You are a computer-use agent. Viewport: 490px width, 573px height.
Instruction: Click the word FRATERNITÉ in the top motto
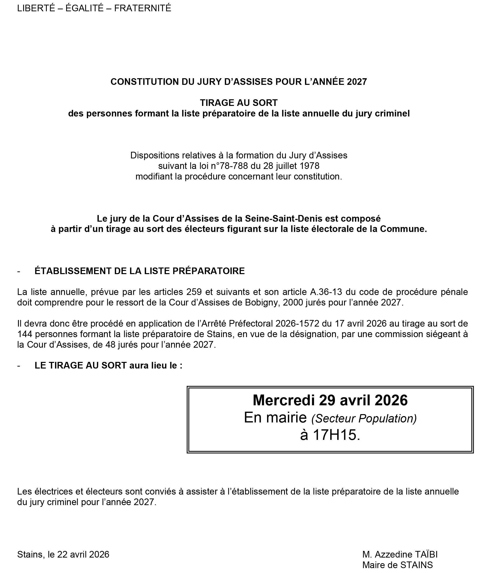coord(143,8)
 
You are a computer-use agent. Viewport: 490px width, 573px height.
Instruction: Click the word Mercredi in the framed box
coord(283,400)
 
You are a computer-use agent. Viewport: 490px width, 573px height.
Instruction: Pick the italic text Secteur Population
coord(364,419)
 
